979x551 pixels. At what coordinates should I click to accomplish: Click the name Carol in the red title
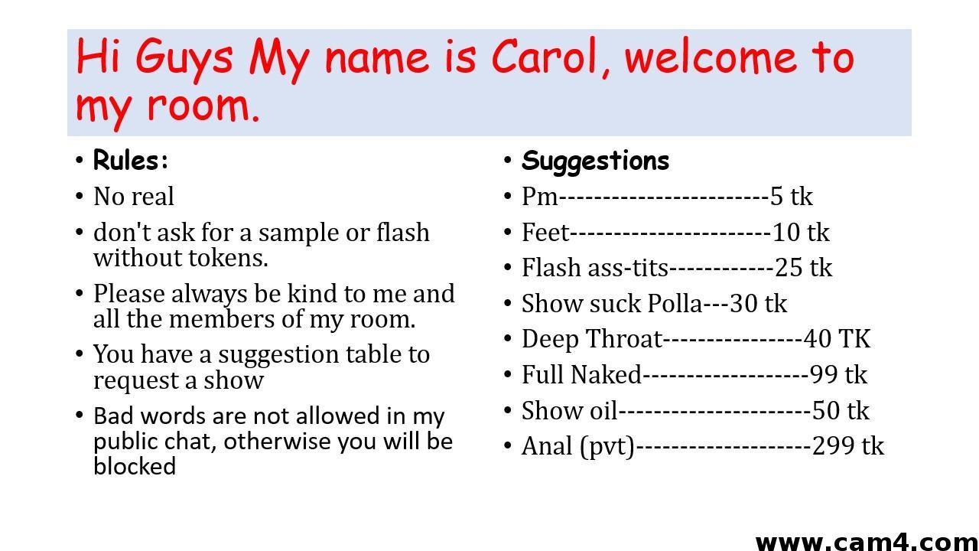544,57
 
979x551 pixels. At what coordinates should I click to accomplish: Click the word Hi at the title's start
97,56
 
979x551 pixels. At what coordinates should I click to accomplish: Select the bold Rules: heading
131,160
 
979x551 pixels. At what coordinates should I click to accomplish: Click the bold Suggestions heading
595,161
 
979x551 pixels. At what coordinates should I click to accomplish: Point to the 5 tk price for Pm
792,197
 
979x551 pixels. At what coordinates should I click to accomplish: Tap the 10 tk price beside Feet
801,232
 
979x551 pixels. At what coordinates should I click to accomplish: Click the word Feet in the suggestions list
546,232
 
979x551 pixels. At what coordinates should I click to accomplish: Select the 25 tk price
803,268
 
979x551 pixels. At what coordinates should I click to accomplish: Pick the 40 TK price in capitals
837,339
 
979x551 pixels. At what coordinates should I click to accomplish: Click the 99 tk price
838,375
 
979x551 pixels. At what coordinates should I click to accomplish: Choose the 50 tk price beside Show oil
841,411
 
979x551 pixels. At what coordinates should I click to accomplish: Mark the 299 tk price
848,446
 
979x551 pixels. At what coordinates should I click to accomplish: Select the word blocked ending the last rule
135,466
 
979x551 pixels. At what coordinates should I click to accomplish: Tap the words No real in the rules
134,197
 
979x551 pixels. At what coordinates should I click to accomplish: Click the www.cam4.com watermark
867,543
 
